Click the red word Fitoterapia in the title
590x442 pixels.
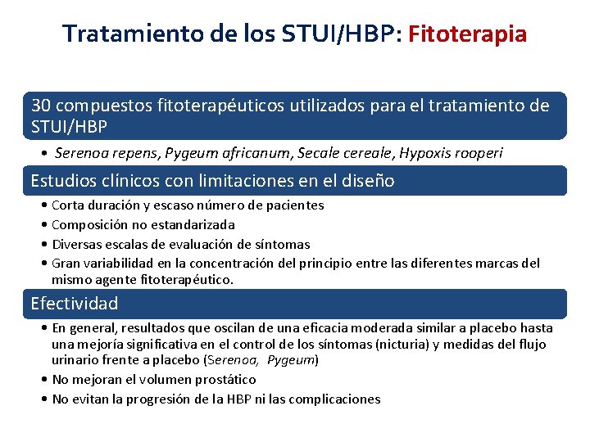(467, 34)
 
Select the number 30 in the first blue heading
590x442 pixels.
(41, 106)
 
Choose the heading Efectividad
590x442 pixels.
(75, 304)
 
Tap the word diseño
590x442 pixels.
(369, 181)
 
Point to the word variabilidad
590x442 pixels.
(122, 264)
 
